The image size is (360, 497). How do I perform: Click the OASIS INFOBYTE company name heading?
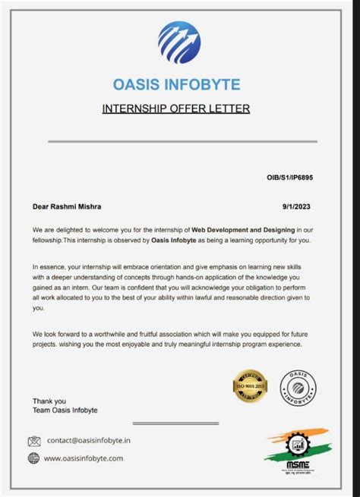click(x=176, y=84)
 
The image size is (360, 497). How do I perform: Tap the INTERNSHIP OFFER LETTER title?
click(x=176, y=109)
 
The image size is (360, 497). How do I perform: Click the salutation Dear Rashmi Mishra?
click(x=67, y=206)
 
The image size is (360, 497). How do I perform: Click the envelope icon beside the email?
click(x=34, y=441)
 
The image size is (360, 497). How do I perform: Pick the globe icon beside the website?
click(x=34, y=458)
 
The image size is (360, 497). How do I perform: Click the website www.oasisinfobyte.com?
click(x=84, y=458)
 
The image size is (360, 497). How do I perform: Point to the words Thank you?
click(x=49, y=401)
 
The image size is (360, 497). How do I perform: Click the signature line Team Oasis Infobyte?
click(x=65, y=410)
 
